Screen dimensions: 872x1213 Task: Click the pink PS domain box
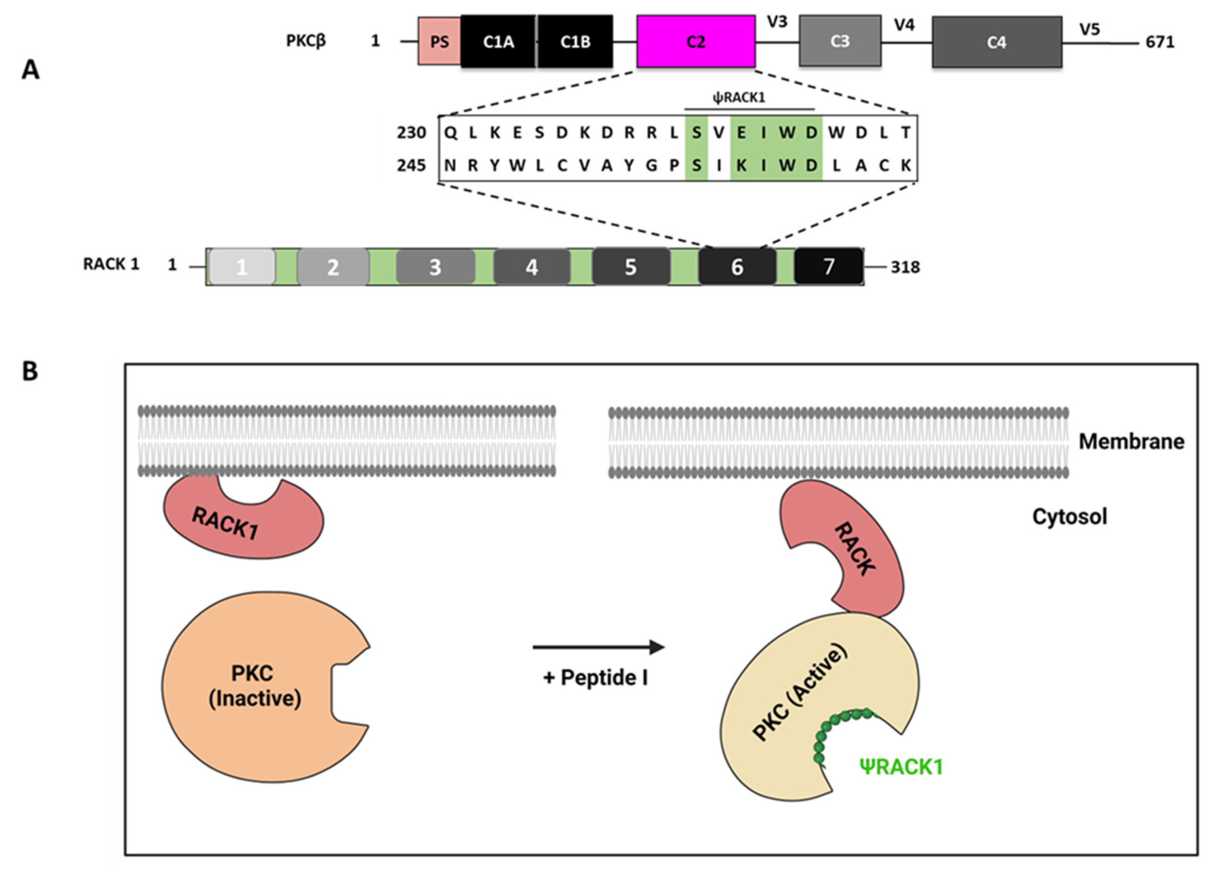(439, 42)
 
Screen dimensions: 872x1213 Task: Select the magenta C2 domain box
(695, 42)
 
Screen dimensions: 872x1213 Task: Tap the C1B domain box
(575, 42)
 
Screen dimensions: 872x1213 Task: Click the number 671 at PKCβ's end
(1160, 42)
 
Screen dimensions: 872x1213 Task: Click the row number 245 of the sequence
(411, 165)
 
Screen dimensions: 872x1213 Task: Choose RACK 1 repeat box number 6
(737, 266)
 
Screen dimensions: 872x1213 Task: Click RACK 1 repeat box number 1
(242, 266)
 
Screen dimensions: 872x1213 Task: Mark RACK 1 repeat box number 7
(828, 266)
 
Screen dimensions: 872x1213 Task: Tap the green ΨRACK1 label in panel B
(901, 766)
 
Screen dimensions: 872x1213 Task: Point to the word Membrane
(1130, 441)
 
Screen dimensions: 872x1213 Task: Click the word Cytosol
(1069, 517)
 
